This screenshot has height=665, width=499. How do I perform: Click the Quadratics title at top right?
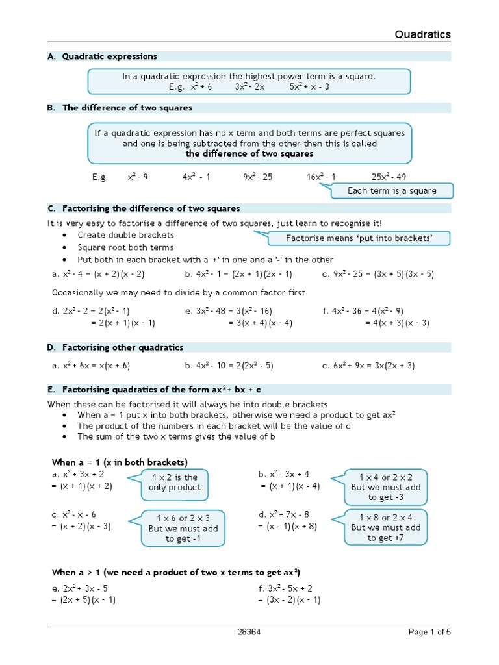pyautogui.click(x=422, y=34)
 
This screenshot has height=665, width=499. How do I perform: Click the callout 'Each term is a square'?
pyautogui.click(x=392, y=191)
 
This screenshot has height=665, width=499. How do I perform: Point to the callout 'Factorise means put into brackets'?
pyautogui.click(x=359, y=238)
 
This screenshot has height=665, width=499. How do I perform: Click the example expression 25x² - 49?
pyautogui.click(x=389, y=177)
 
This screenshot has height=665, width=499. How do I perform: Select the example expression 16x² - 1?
pyautogui.click(x=322, y=177)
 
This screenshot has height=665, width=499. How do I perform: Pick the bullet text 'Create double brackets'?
pyautogui.click(x=125, y=235)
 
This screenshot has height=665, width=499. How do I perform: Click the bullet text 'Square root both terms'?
pyautogui.click(x=125, y=247)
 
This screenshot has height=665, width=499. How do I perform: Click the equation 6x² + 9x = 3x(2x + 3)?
pyautogui.click(x=368, y=366)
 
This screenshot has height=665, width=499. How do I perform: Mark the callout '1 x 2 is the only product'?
pyautogui.click(x=175, y=483)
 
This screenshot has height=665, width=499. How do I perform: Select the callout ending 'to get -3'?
pyautogui.click(x=386, y=487)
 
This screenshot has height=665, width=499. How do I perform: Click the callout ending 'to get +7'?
pyautogui.click(x=386, y=527)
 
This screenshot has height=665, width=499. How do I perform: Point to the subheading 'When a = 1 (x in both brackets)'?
pyautogui.click(x=120, y=462)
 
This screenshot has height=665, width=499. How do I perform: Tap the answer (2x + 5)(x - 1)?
pyautogui.click(x=84, y=600)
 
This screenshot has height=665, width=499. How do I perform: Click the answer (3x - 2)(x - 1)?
pyautogui.click(x=289, y=600)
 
